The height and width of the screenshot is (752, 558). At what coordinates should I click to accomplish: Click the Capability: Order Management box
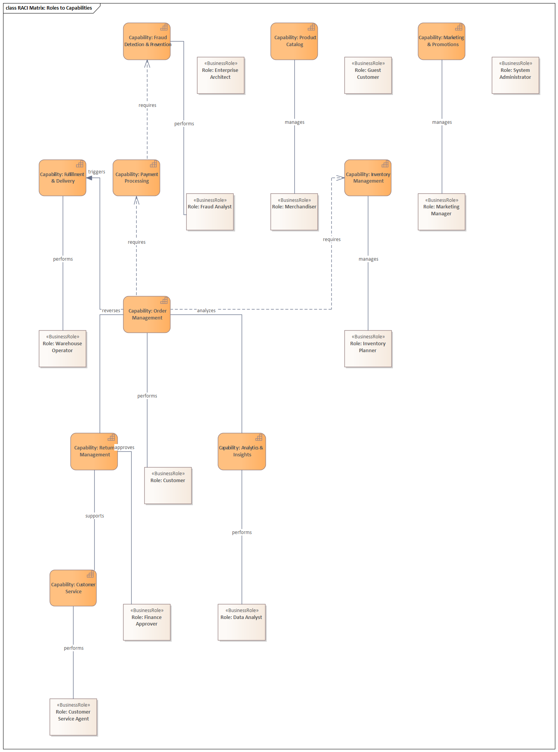(147, 314)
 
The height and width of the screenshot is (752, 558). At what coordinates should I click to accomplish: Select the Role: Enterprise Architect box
(221, 75)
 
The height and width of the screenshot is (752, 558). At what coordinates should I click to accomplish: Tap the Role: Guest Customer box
(368, 75)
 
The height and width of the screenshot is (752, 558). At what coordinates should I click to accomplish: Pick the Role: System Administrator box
(515, 75)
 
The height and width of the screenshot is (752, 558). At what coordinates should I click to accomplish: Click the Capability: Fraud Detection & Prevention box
(147, 41)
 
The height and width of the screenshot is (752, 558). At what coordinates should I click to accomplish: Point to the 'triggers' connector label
(97, 172)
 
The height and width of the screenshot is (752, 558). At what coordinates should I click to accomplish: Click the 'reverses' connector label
(111, 311)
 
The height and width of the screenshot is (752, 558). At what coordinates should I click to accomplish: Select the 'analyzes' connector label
(206, 311)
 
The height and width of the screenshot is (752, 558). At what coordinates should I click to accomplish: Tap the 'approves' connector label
(125, 448)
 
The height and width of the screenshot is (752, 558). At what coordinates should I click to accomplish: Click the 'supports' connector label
(95, 516)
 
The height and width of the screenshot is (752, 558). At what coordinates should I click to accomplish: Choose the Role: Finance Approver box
(147, 622)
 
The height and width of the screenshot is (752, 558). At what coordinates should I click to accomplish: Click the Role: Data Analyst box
(242, 622)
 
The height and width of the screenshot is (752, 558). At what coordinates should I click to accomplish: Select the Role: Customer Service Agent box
(73, 717)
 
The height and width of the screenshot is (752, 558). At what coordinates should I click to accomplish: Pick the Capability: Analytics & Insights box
(242, 451)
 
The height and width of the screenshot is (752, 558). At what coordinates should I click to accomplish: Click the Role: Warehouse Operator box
(62, 349)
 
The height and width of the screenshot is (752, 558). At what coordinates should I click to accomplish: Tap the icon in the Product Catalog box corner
(311, 27)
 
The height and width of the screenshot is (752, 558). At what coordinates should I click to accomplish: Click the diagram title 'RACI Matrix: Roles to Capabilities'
(49, 8)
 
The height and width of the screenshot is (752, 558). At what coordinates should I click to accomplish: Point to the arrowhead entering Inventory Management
(341, 178)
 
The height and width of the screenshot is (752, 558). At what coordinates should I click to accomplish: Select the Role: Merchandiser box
(294, 212)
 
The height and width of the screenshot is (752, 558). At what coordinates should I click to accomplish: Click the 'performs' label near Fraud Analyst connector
(184, 124)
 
